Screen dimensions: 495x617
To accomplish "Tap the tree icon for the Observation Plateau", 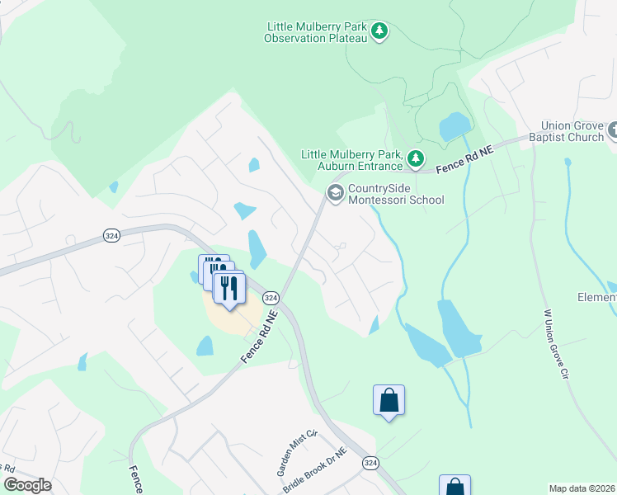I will coord(379,31).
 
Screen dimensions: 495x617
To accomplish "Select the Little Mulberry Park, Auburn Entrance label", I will coord(351,160).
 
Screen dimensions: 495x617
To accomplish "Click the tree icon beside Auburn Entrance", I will coord(417,157).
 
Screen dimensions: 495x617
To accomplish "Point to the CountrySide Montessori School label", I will coord(396,195).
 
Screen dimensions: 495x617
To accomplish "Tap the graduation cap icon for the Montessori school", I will coord(335,193).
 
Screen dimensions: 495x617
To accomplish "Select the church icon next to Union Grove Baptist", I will coord(613,130).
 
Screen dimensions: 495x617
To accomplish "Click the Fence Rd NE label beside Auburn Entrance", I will coord(464,160).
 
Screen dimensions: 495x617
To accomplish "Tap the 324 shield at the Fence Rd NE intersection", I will coord(271,297).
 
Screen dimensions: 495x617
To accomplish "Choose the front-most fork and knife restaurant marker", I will coord(229,288).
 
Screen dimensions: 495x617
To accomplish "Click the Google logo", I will coord(27,485).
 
